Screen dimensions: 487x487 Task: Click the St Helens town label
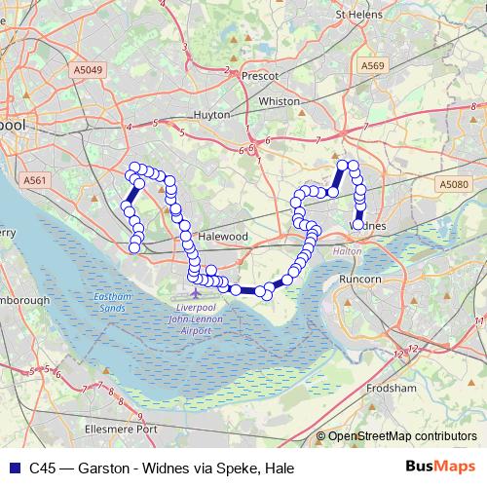pyautogui.click(x=356, y=15)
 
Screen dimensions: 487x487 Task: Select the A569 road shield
pyautogui.click(x=373, y=65)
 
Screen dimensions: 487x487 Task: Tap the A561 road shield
pyautogui.click(x=36, y=179)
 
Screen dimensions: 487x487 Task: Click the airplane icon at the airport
pyautogui.click(x=198, y=291)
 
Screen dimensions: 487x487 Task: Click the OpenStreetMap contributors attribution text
pyautogui.click(x=401, y=437)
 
